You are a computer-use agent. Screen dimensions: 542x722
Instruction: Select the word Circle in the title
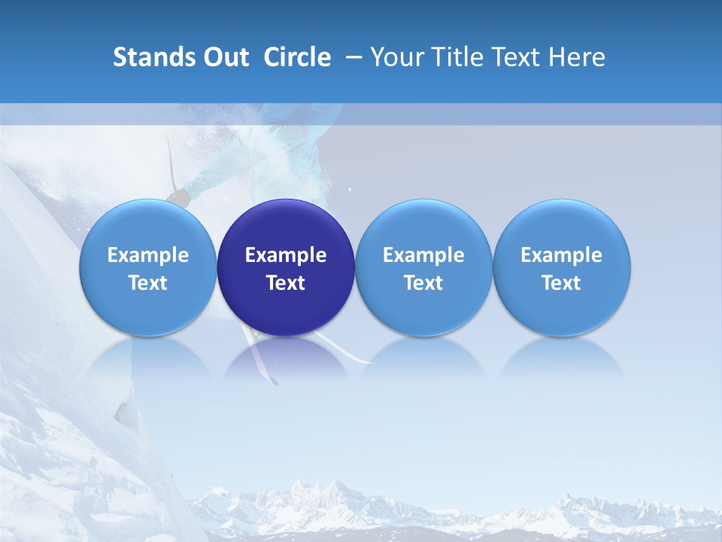tap(297, 57)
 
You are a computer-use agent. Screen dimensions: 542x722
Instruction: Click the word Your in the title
tap(396, 57)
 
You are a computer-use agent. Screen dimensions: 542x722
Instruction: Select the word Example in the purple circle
tap(286, 255)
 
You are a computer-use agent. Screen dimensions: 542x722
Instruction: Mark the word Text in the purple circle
tap(286, 283)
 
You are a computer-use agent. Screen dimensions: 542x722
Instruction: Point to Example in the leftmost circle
tap(147, 255)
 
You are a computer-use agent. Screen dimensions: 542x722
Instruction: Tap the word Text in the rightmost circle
tap(562, 283)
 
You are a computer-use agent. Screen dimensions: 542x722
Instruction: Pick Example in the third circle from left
tap(423, 255)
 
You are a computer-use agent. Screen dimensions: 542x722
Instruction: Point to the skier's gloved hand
tap(178, 198)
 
